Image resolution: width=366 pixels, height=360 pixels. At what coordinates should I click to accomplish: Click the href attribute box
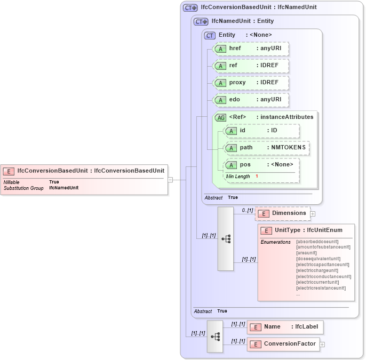[251, 49]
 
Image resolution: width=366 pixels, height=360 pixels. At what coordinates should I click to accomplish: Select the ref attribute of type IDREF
[251, 66]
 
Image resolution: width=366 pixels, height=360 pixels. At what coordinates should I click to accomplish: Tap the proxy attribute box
[251, 83]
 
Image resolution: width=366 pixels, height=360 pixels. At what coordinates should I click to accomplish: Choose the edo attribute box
[251, 100]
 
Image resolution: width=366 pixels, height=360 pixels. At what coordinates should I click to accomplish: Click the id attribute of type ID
[261, 131]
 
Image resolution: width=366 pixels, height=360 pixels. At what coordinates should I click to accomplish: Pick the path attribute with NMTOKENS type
[266, 148]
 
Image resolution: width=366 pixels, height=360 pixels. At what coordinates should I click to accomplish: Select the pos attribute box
[261, 165]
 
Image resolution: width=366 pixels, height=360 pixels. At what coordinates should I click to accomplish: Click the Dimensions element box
[283, 213]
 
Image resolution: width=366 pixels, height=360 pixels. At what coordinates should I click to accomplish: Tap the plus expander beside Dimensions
[313, 214]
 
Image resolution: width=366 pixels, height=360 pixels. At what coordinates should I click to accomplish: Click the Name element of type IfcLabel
[285, 327]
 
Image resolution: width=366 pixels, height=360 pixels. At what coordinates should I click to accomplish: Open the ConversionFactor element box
[283, 344]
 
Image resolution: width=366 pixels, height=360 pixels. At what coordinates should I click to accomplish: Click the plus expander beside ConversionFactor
[322, 345]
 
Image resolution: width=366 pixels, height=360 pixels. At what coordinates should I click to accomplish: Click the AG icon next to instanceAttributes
[220, 117]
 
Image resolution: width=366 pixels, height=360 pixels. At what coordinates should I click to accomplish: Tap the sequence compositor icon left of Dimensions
[226, 239]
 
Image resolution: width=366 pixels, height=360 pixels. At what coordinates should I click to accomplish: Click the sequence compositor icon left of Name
[215, 337]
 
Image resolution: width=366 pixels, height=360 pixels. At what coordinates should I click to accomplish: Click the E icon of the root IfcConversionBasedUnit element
[9, 171]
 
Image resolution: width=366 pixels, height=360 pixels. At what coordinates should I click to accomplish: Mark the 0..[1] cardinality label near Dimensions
[247, 210]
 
